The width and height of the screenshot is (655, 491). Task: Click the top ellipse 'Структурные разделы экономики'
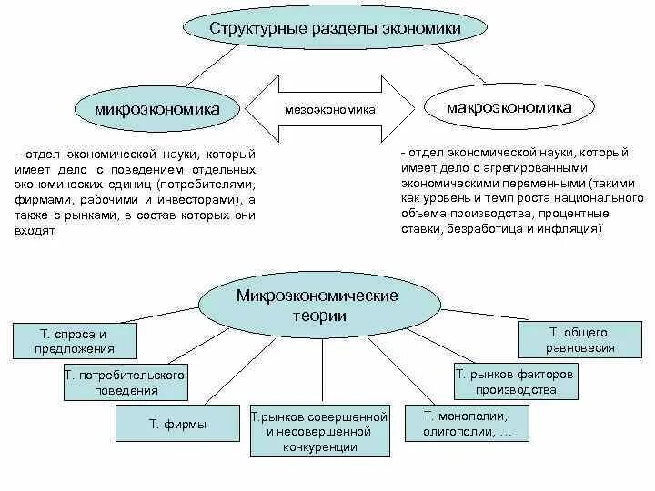click(336, 29)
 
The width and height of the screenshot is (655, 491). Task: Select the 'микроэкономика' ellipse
click(158, 109)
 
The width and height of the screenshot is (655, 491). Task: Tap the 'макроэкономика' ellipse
click(509, 108)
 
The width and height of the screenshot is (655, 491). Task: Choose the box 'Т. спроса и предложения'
click(75, 340)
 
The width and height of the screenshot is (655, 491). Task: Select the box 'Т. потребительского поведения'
click(125, 383)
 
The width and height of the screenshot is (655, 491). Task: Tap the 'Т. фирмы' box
click(177, 424)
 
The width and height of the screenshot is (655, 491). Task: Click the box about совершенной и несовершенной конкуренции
click(319, 432)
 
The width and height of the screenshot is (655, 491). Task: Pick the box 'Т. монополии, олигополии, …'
click(468, 424)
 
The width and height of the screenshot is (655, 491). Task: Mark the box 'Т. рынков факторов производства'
click(515, 382)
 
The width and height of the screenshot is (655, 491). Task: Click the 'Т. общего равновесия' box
click(580, 340)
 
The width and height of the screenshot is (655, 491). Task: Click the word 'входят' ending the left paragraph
click(35, 232)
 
